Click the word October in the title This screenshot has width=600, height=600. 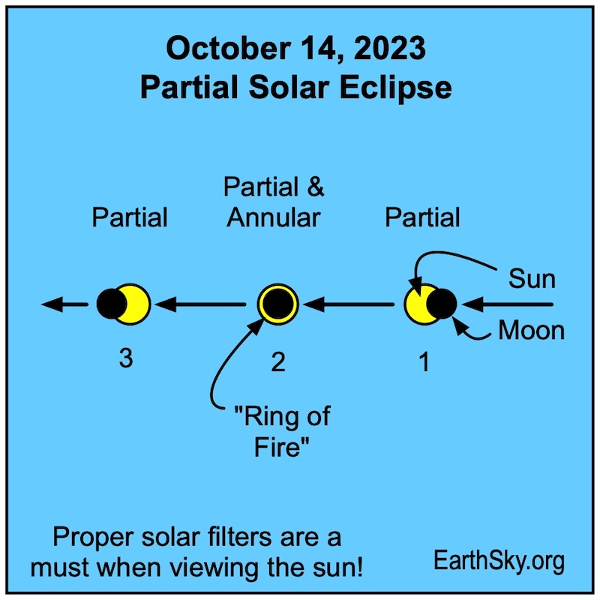point(228,49)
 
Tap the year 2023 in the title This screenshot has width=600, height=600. point(389,48)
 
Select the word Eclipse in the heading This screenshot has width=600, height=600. point(395,88)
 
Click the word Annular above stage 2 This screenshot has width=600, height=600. point(273,217)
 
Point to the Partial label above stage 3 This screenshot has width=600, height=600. point(129,217)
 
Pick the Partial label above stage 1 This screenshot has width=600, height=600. point(422,217)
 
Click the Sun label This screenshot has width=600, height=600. point(532,278)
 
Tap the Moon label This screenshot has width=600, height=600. point(531,330)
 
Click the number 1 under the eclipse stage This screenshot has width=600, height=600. point(424,361)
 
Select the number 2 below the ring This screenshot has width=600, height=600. point(278,361)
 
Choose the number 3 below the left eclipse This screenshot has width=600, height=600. point(126,358)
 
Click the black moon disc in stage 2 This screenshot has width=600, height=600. point(277,304)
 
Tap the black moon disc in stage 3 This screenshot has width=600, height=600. point(111,304)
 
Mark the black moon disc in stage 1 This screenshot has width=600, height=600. point(442,304)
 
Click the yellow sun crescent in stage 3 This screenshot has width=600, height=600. point(139,304)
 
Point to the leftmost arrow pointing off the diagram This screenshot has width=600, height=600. point(64,304)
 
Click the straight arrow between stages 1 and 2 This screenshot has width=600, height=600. point(348,304)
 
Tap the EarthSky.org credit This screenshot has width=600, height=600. point(499,561)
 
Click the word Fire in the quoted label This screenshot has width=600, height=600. point(281,446)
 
